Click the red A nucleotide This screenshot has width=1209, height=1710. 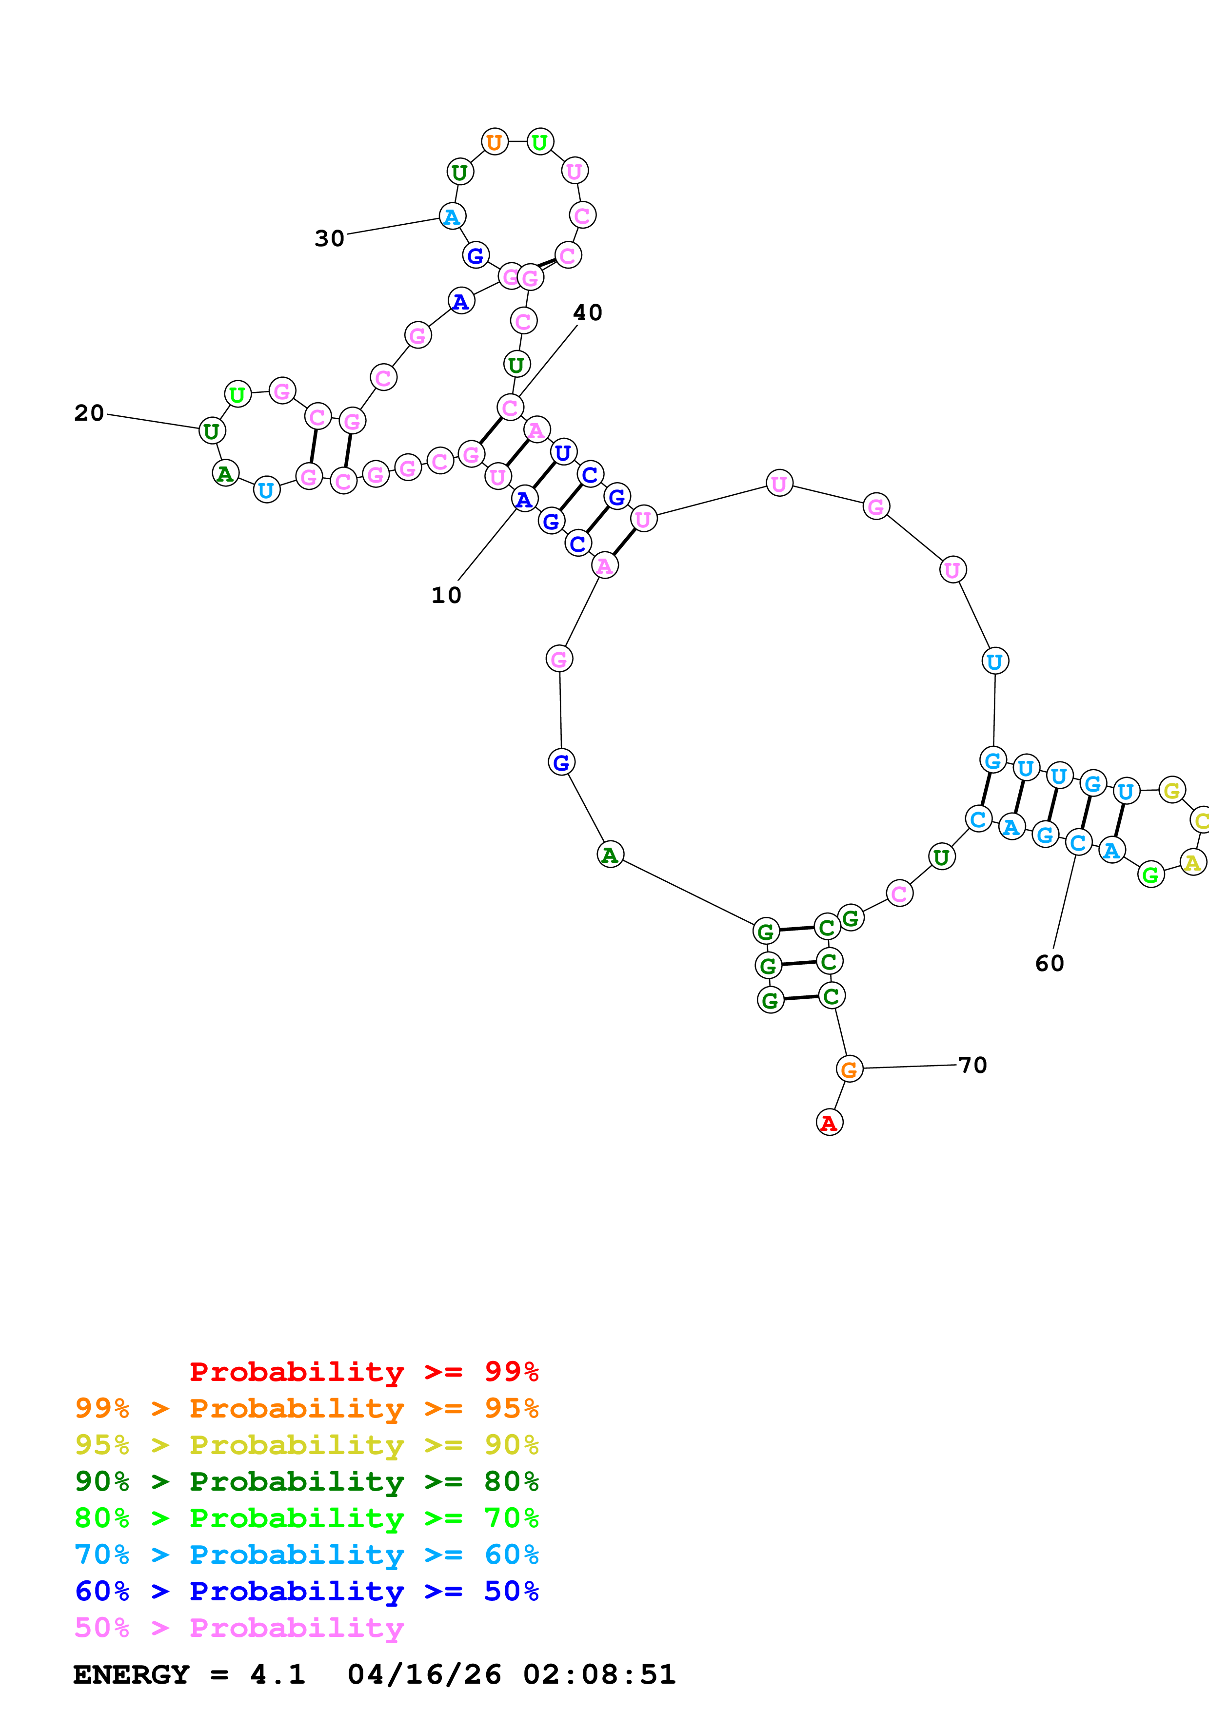coord(829,1123)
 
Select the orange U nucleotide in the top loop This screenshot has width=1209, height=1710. coord(495,141)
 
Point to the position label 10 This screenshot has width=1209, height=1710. coord(446,595)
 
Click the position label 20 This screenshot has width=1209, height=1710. coord(89,412)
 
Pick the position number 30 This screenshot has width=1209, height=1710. coord(329,238)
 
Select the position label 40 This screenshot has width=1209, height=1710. coord(587,313)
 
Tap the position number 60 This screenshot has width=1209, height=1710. coord(1050,963)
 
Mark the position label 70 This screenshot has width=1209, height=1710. coord(972,1065)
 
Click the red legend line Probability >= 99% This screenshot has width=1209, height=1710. coord(363,1372)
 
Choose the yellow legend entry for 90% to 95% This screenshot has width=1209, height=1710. coord(306,1445)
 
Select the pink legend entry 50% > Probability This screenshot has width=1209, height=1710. coord(239,1627)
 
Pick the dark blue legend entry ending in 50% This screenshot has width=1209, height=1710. coord(306,1591)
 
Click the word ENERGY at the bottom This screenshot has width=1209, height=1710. coord(131,1675)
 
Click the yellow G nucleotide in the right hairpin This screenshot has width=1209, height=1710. coord(1172,790)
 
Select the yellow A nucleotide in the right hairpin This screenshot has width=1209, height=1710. coord(1192,862)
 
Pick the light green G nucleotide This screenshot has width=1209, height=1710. coord(1151,875)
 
